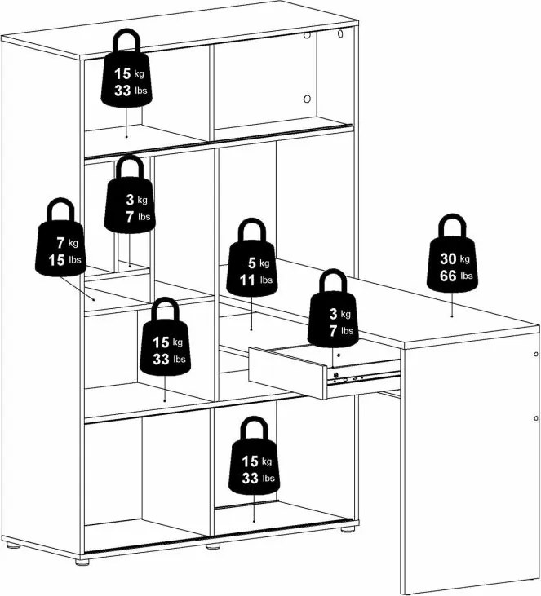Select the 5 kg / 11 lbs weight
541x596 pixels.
[252, 258]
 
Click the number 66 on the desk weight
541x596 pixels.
[448, 276]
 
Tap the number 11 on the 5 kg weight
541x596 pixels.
[247, 280]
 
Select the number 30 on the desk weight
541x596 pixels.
[448, 258]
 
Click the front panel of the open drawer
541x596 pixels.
[287, 373]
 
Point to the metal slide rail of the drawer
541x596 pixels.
[364, 373]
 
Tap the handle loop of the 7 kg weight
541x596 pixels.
[60, 208]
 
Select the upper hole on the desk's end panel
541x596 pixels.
[535, 354]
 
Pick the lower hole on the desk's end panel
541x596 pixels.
[535, 418]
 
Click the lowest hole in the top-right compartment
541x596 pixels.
[307, 99]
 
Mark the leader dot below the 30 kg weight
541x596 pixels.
[452, 316]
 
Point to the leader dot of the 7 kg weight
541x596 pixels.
[94, 299]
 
